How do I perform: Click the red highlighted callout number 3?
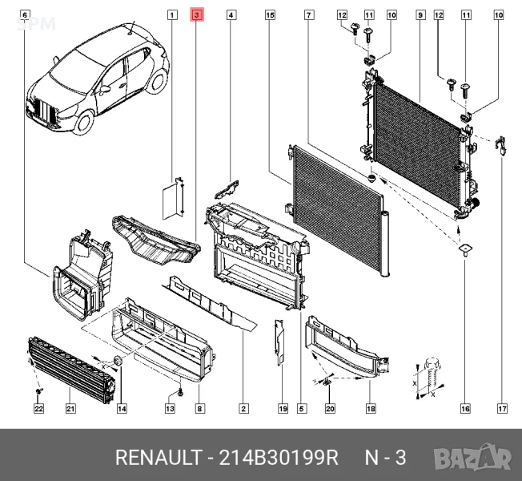[x=197, y=15]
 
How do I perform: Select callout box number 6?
[x=25, y=15]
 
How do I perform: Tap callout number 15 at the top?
[x=270, y=15]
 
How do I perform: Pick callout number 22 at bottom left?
[x=38, y=408]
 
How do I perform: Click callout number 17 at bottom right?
[x=502, y=408]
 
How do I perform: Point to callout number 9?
[x=420, y=15]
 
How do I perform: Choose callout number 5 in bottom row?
[x=301, y=408]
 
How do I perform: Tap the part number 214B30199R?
[x=279, y=457]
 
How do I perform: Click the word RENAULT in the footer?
[x=159, y=457]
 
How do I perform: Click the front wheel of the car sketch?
[x=84, y=122]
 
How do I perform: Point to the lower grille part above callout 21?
[x=70, y=370]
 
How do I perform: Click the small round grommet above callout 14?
[x=118, y=361]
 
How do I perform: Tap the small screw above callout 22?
[x=39, y=390]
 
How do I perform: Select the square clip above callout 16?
[x=465, y=249]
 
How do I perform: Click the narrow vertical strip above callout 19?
[x=279, y=342]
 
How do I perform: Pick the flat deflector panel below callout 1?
[x=173, y=199]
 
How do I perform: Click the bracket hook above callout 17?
[x=500, y=145]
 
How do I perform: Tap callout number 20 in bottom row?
[x=330, y=408]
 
